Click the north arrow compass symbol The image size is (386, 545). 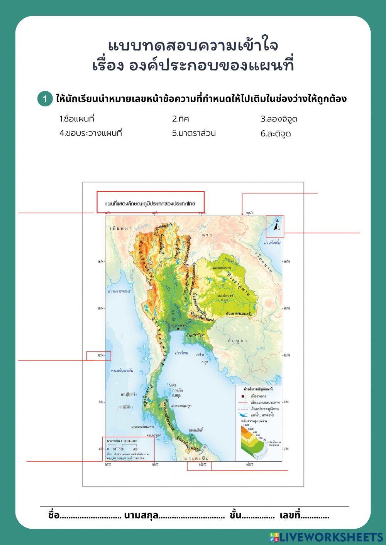[277, 225]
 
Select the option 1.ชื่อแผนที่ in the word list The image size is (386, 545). [77, 119]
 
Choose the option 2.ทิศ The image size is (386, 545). [180, 119]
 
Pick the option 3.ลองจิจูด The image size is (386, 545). [279, 119]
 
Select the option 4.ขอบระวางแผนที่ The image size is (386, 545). [91, 133]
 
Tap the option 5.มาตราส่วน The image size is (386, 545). [194, 133]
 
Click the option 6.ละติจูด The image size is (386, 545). [276, 134]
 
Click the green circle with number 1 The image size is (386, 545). [45, 99]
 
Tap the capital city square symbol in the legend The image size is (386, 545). [242, 396]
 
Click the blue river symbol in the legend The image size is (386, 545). [243, 415]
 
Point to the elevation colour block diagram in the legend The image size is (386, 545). [253, 439]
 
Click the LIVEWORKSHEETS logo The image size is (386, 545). [326, 537]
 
